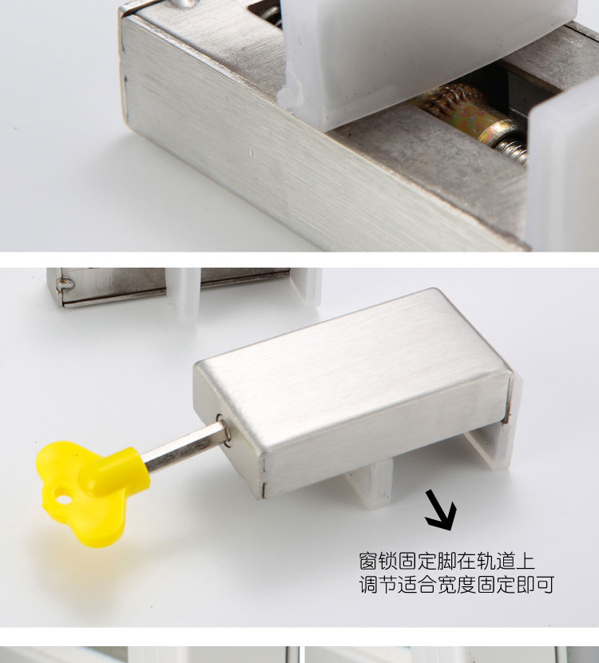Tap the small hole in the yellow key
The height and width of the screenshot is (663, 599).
(63, 499)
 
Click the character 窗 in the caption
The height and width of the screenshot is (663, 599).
(369, 562)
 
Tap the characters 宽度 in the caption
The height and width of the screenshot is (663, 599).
(457, 585)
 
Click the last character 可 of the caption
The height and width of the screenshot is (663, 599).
(545, 585)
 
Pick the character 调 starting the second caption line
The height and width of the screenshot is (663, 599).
(369, 585)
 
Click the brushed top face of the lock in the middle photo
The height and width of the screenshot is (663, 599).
(351, 372)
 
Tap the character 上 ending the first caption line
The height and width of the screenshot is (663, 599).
(526, 562)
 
